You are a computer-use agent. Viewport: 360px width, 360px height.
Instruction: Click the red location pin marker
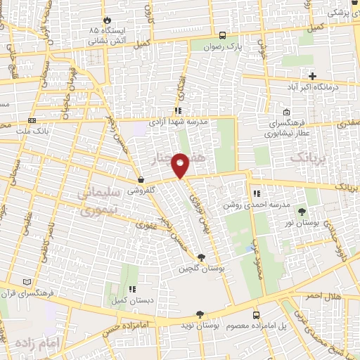(x=181, y=165)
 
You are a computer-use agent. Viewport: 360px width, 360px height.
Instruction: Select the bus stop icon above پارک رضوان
(x=223, y=34)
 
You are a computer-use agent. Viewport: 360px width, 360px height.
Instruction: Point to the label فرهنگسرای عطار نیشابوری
(x=286, y=127)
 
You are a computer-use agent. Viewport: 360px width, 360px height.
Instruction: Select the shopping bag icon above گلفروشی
(x=141, y=179)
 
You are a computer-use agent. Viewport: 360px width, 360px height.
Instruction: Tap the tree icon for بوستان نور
(x=302, y=211)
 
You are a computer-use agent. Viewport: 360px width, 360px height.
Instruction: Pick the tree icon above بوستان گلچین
(x=202, y=257)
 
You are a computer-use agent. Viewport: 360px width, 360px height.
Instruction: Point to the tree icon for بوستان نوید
(x=200, y=314)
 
